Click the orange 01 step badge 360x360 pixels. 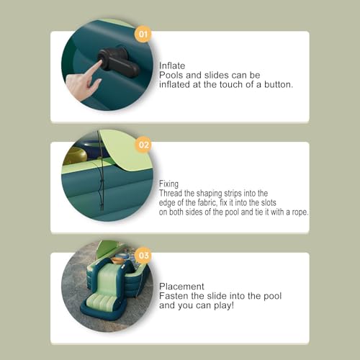pos(143,34)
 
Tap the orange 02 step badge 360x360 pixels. pos(143,145)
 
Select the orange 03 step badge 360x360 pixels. pos(143,255)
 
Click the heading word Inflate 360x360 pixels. pos(172,66)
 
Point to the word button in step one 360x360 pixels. pos(279,84)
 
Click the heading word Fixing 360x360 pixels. pos(168,184)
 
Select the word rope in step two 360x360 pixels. pos(300,212)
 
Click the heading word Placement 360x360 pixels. pos(181,287)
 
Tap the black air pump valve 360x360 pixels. pos(118,62)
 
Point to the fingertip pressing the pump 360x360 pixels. pos(99,63)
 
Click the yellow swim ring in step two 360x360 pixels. pos(75,156)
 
